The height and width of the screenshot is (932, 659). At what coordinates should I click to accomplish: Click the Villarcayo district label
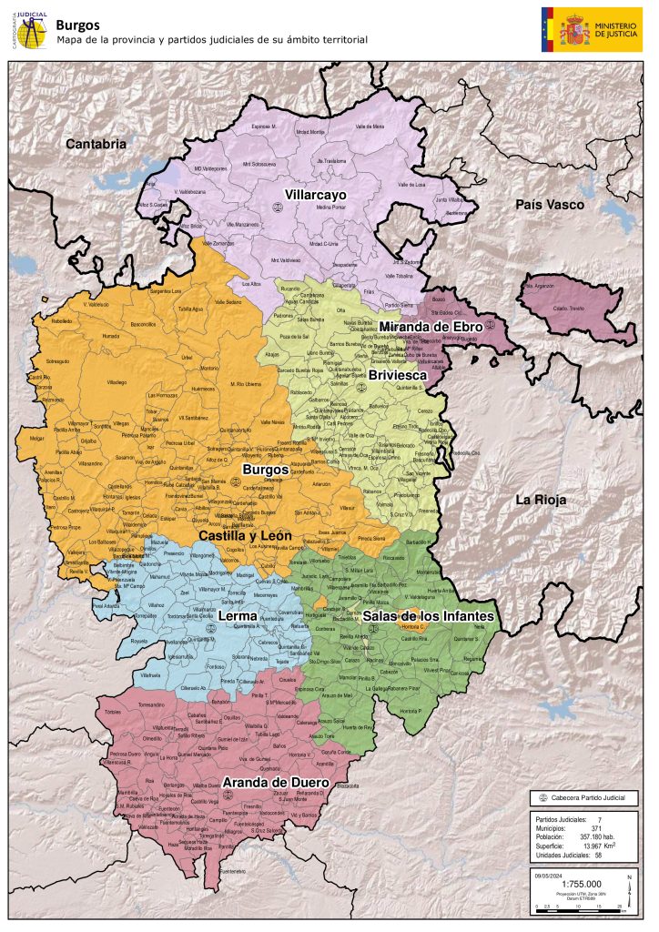coord(301,194)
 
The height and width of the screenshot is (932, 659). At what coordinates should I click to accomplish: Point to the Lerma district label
coord(238,616)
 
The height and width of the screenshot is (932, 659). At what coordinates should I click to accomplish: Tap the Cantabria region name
coord(96,144)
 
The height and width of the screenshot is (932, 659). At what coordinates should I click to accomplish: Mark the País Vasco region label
coord(550,205)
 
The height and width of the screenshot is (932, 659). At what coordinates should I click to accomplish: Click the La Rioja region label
coord(541,500)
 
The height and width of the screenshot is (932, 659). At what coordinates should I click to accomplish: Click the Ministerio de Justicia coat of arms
coord(574,28)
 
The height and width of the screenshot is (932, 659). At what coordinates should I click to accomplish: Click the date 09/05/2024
coord(549,874)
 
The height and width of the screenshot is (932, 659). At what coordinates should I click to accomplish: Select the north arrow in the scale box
coord(629,882)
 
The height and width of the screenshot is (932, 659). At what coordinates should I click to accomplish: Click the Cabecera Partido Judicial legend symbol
coord(543,797)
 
